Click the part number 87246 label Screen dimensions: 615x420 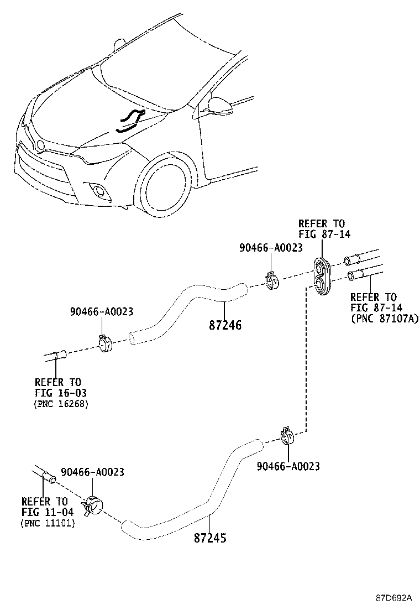click(225, 325)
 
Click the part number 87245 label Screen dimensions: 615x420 click(210, 537)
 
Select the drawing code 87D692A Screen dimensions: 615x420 click(394, 598)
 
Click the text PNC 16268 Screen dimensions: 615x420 click(61, 404)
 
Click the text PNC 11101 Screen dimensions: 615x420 click(48, 523)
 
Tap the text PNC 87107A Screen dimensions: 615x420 click(385, 319)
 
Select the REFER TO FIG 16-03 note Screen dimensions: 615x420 click(58, 387)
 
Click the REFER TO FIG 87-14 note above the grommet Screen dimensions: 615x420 click(321, 228)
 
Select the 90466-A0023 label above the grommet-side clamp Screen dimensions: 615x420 click(271, 248)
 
